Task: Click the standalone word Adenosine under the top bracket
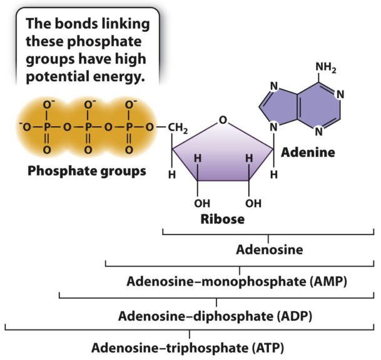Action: coord(269,250)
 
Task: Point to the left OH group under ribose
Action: coord(201,203)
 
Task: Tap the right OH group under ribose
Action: coord(252,203)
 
